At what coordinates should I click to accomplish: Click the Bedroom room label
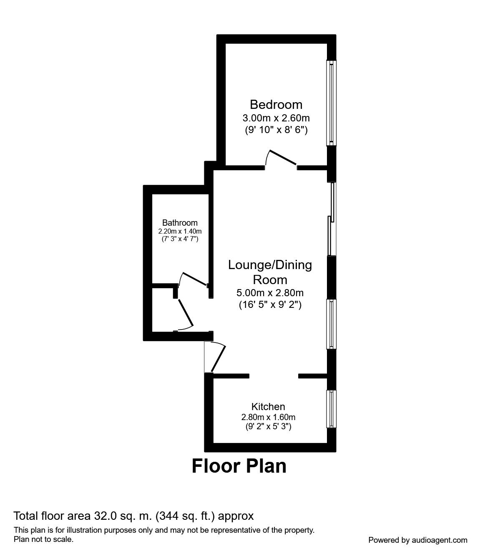276,105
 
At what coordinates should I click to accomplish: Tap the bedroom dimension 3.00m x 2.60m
276,118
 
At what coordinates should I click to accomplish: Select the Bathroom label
180,223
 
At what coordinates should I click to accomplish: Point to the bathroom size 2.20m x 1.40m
180,231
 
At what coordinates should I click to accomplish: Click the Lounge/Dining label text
270,265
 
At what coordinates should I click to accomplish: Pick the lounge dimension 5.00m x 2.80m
270,293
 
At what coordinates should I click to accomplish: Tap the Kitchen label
268,407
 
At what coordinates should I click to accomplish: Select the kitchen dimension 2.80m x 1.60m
268,417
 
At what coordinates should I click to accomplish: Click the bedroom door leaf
283,157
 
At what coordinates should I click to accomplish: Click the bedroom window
331,103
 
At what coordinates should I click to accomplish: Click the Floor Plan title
239,466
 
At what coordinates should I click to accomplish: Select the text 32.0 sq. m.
123,516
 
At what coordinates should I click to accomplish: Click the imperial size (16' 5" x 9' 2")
270,305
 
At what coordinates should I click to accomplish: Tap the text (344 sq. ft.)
186,516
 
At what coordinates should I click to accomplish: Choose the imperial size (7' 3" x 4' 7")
180,239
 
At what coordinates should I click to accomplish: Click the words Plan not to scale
43,539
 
